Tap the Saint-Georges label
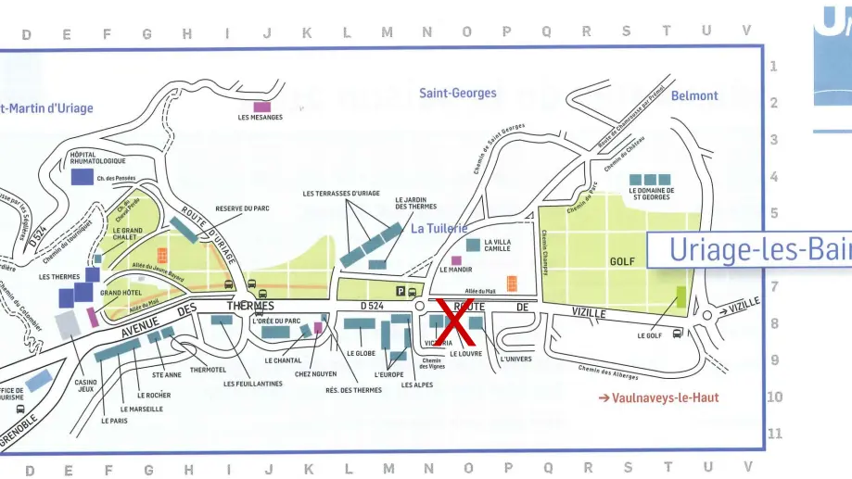[x=457, y=93]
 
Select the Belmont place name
[x=694, y=95]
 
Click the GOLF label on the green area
[x=622, y=262]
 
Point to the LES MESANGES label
[x=261, y=118]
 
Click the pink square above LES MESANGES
[x=261, y=106]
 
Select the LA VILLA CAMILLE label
[x=497, y=245]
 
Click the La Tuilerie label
[x=439, y=229]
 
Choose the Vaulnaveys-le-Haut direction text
[x=658, y=398]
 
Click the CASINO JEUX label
[x=85, y=385]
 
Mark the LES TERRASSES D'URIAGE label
[x=341, y=194]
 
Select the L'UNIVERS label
[x=515, y=359]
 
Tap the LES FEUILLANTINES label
[x=253, y=384]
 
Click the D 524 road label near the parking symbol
[x=371, y=305]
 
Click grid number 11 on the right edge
[x=775, y=434]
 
